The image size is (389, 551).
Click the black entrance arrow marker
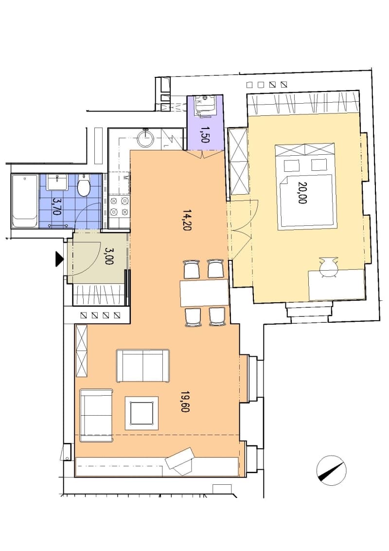click(x=59, y=260)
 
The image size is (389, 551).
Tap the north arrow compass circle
click(x=332, y=471)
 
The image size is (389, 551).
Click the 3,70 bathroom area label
click(x=56, y=207)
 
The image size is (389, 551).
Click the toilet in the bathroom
click(x=84, y=185)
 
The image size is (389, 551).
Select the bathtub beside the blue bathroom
click(x=25, y=201)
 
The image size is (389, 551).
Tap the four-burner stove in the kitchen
click(x=119, y=206)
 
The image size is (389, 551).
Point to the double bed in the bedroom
click(x=305, y=186)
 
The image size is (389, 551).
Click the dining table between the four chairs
click(x=204, y=293)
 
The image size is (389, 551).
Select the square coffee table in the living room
click(x=141, y=413)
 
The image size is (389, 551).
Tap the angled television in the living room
click(x=180, y=461)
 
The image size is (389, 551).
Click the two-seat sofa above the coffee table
click(x=143, y=366)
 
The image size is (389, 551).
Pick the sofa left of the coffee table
click(x=96, y=415)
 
